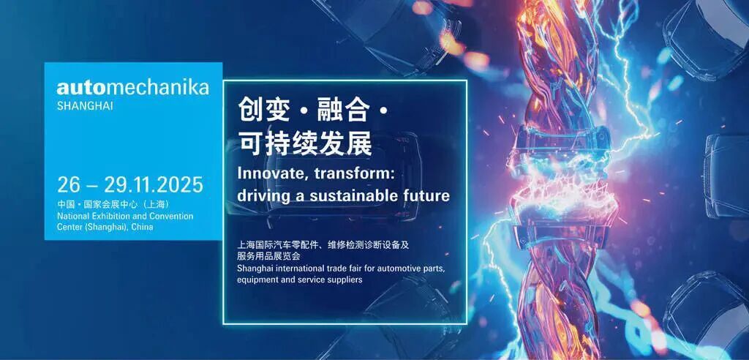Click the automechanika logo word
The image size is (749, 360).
pyautogui.click(x=133, y=89)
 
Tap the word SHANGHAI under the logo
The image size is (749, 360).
pyautogui.click(x=85, y=106)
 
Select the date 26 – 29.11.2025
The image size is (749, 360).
pyautogui.click(x=130, y=184)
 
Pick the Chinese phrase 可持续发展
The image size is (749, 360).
pyautogui.click(x=304, y=143)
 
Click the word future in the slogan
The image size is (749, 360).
pyautogui.click(x=425, y=197)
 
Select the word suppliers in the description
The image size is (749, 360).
pyautogui.click(x=345, y=280)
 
